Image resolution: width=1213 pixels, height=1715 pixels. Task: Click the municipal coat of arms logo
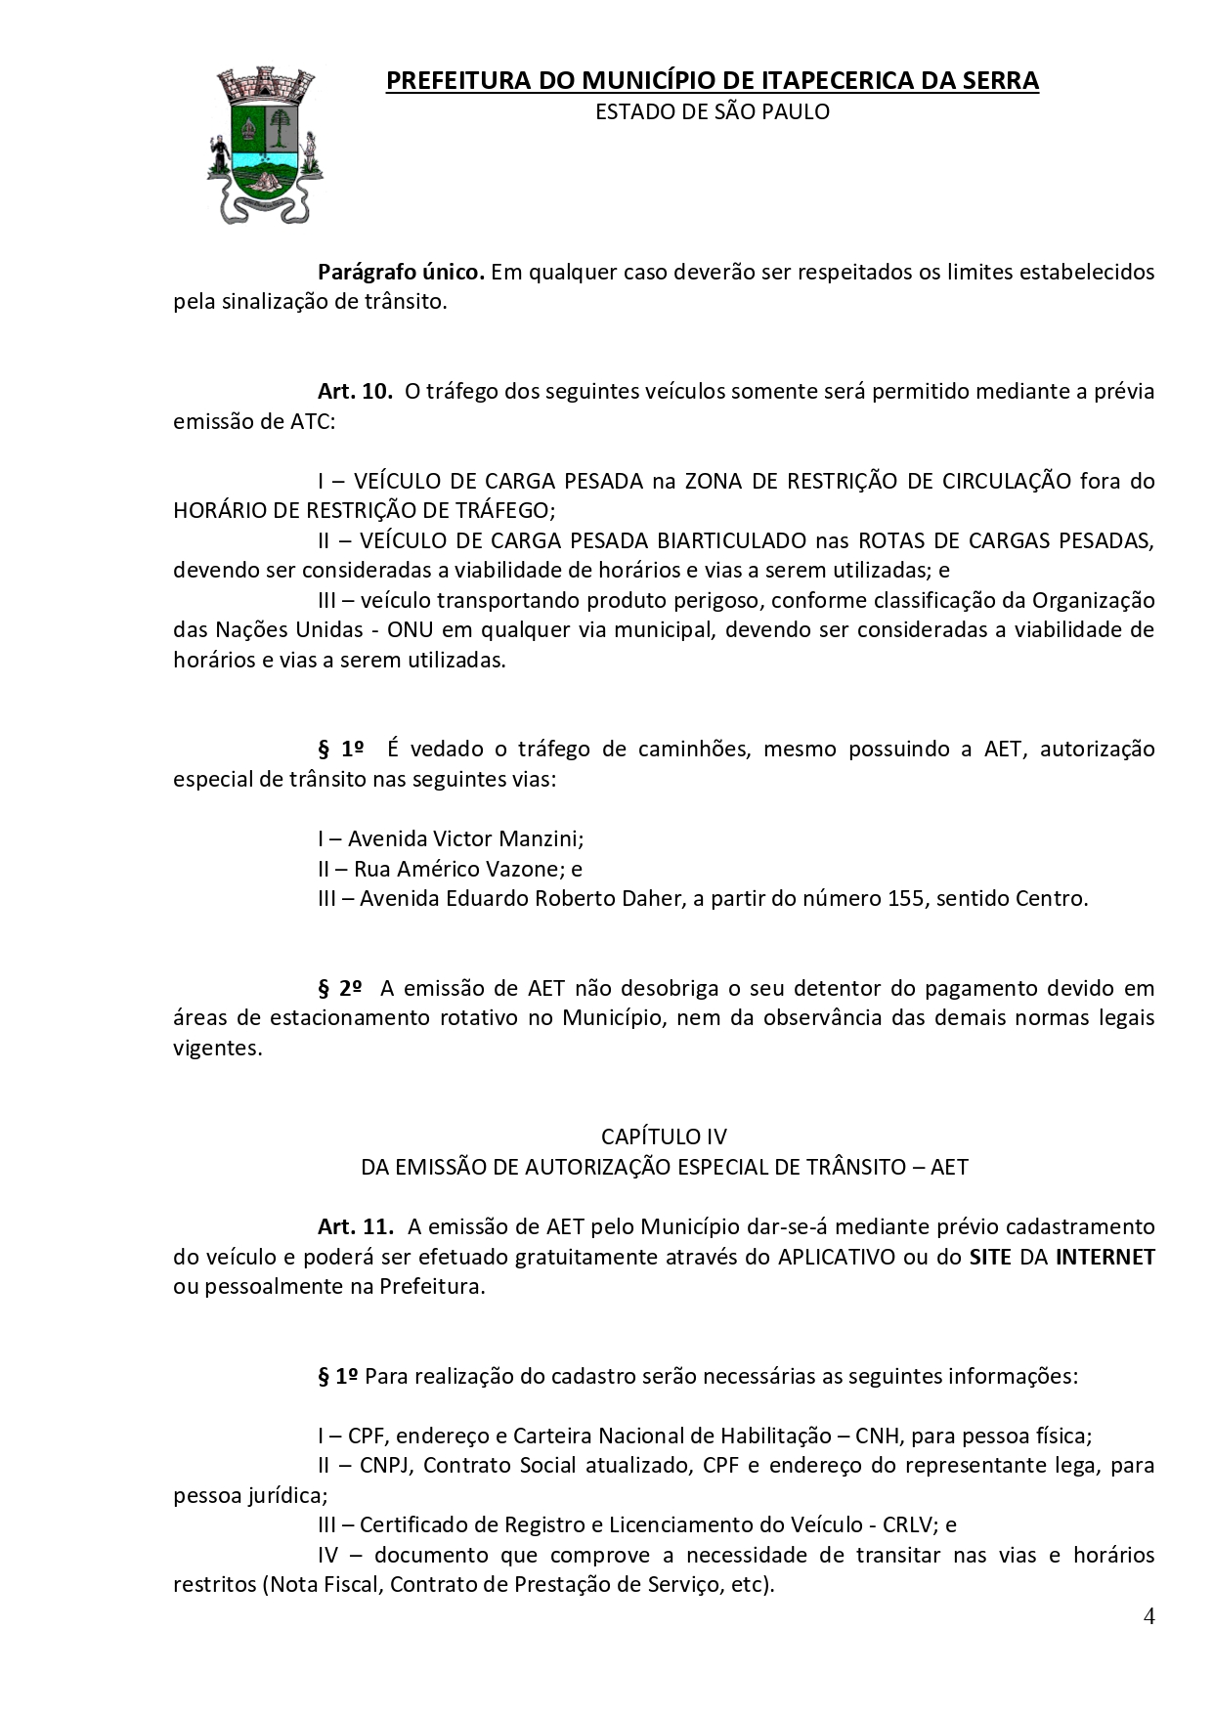coord(265,145)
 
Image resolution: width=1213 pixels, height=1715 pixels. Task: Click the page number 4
coord(1148,1615)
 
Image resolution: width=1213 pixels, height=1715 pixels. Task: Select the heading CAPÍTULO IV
coord(664,1136)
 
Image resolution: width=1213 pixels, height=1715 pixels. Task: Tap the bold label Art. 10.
coord(354,392)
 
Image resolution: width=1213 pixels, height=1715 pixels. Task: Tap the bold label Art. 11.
coord(355,1226)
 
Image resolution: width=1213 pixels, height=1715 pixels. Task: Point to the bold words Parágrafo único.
coord(401,272)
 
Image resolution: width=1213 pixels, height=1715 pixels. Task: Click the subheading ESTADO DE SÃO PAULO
coord(712,112)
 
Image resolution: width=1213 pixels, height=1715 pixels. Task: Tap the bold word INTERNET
coord(1105,1257)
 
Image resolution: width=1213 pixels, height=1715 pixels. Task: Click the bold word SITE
coord(990,1257)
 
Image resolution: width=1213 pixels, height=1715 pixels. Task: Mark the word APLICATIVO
coord(837,1257)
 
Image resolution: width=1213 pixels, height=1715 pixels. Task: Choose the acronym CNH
coord(878,1436)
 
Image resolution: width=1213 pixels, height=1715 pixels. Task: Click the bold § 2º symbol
coord(340,988)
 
